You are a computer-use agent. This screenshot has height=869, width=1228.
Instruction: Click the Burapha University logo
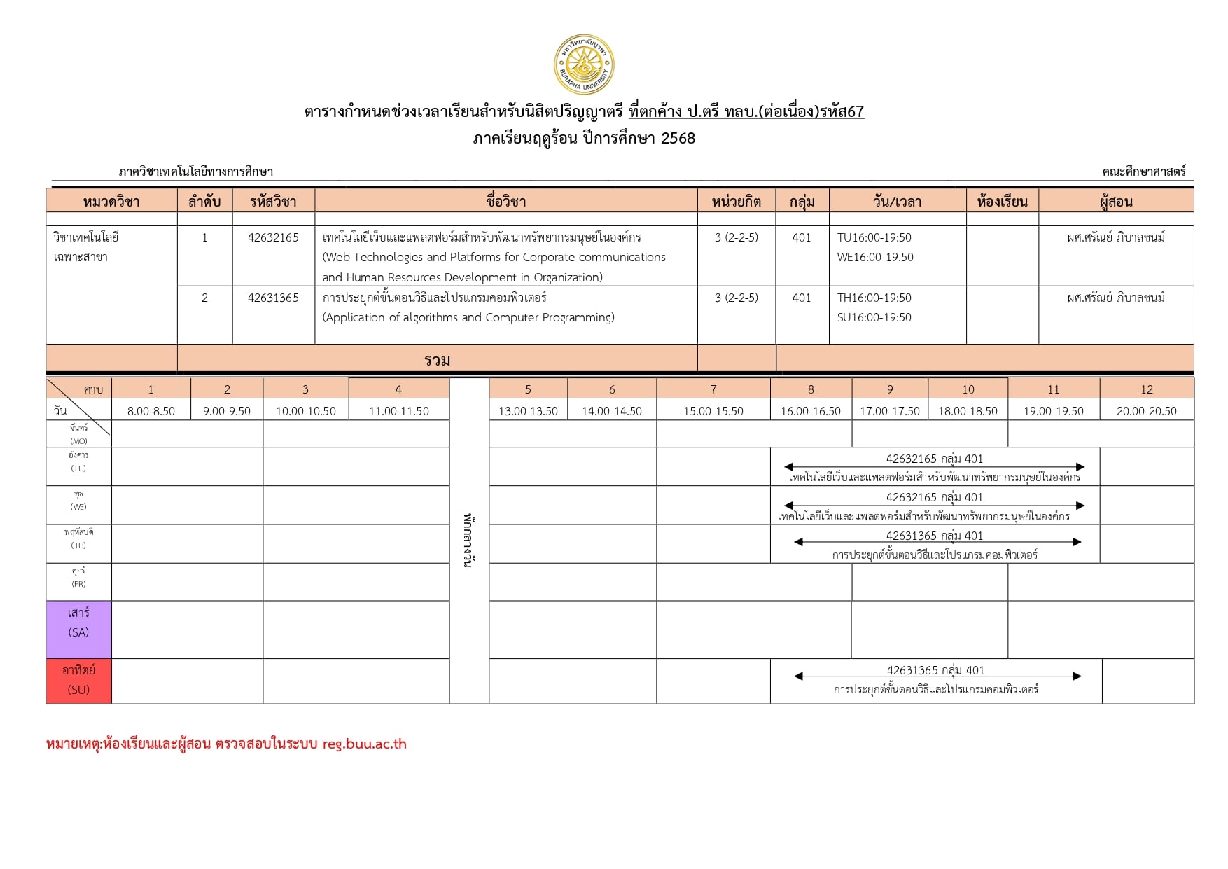(583, 65)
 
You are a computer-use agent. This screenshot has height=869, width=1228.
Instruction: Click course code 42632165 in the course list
(273, 237)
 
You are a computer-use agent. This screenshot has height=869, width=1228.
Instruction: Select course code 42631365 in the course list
(273, 298)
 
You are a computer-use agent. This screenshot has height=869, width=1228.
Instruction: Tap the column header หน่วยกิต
(736, 202)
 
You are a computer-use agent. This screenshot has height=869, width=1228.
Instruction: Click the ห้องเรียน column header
(1002, 202)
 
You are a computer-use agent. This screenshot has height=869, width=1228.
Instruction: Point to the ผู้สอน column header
(1115, 202)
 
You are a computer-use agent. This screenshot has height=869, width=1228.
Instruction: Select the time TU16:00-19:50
(874, 237)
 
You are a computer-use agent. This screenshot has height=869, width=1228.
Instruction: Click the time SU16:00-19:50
(874, 317)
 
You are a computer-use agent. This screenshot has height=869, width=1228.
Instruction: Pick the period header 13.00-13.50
(528, 411)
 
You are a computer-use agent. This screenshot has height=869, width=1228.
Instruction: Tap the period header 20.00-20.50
(1146, 411)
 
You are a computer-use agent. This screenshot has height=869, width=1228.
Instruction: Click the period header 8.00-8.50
(151, 411)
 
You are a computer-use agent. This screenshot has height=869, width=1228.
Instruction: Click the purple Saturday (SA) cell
(78, 623)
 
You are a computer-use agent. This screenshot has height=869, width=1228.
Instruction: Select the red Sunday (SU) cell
(78, 680)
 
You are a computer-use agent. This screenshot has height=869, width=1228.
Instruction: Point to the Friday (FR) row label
(78, 577)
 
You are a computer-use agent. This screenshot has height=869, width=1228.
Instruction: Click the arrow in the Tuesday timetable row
(934, 467)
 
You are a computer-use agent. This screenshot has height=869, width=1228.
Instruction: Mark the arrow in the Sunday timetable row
(937, 676)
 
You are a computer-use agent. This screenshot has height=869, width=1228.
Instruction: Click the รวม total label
(437, 360)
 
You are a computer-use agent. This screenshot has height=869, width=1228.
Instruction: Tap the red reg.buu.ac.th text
(364, 744)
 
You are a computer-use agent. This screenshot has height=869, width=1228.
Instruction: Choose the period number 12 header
(1146, 389)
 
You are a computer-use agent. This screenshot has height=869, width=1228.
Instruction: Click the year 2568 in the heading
(678, 138)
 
